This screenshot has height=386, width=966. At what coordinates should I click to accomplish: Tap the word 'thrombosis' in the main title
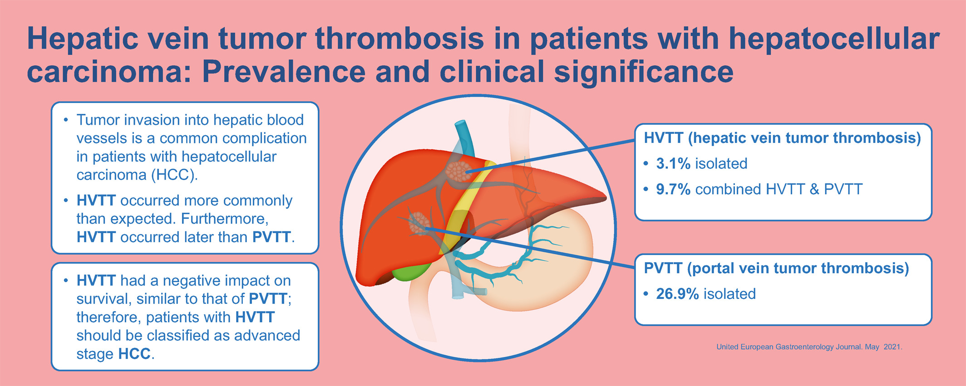(399, 38)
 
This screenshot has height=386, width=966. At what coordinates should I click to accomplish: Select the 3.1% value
(673, 163)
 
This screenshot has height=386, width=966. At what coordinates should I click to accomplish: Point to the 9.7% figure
(673, 189)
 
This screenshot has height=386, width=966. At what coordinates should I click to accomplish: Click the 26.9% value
(677, 294)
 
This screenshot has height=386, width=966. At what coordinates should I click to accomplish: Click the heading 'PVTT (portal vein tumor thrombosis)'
(776, 268)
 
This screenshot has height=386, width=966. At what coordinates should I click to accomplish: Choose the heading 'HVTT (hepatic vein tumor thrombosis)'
(782, 138)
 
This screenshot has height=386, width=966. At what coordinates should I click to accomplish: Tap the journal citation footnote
(809, 347)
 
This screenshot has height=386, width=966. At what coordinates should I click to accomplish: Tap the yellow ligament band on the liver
(468, 204)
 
